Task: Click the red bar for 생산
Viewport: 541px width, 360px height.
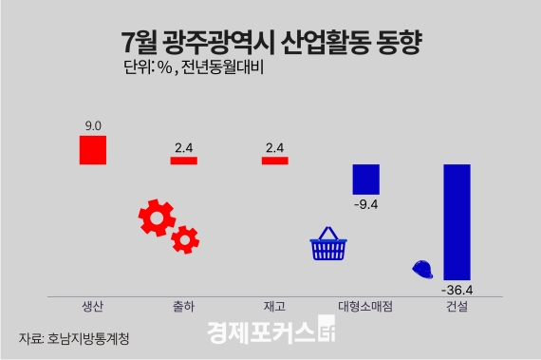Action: click(x=93, y=150)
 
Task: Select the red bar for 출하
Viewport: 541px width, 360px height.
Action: click(x=183, y=161)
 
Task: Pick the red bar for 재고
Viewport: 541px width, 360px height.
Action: click(x=274, y=161)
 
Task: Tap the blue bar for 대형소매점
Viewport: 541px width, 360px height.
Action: click(x=365, y=178)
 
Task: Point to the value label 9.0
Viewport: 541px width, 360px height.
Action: click(x=93, y=125)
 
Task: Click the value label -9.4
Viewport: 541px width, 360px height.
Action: click(x=365, y=202)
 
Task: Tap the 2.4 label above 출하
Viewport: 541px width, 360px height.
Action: click(x=183, y=146)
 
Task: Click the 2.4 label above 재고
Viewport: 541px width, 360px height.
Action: click(x=274, y=146)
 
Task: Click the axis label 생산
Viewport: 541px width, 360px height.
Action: click(x=93, y=307)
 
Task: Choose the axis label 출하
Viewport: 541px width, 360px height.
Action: click(x=183, y=307)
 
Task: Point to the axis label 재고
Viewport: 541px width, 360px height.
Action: click(x=274, y=307)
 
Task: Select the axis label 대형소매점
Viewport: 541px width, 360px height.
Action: click(x=365, y=307)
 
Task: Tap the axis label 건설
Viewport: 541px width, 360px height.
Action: click(x=457, y=307)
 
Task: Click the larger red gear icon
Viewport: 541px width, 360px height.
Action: click(x=156, y=218)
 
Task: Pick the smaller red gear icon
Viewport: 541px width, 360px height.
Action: click(x=184, y=239)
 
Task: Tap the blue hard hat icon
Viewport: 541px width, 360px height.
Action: click(x=423, y=269)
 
